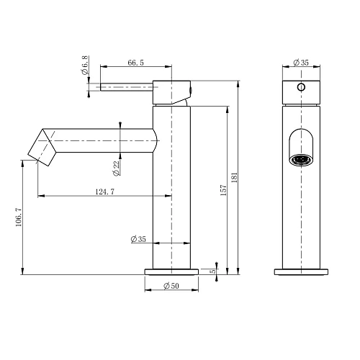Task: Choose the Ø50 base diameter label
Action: (x=171, y=287)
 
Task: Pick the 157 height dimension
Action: (x=224, y=189)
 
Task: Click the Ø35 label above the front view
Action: (x=301, y=63)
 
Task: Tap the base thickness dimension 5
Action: (x=212, y=271)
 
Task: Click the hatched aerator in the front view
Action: (x=301, y=160)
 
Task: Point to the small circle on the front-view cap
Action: (x=301, y=88)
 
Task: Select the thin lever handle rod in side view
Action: (x=127, y=88)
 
